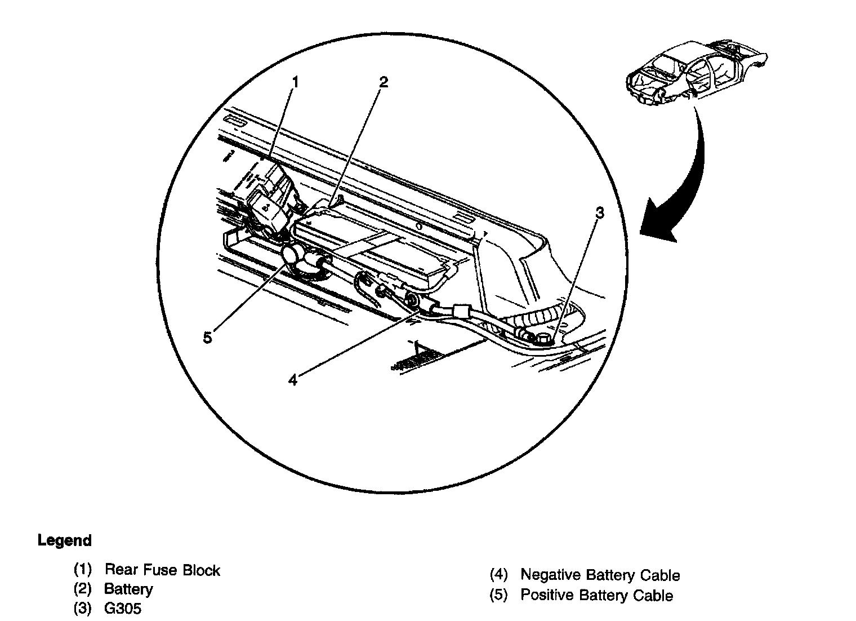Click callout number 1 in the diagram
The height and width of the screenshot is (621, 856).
[x=295, y=83]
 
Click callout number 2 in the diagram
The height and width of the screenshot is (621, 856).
[x=383, y=82]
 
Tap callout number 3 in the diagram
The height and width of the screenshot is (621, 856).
[x=600, y=213]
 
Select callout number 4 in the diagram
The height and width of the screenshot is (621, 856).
[x=292, y=380]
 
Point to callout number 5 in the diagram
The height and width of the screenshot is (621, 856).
[x=208, y=338]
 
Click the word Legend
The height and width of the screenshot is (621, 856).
[x=64, y=541]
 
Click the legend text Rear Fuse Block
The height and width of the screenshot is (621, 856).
[x=162, y=570]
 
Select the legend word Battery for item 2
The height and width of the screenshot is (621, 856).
[x=128, y=589]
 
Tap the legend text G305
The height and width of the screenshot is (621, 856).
[x=123, y=609]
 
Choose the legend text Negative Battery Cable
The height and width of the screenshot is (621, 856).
[x=600, y=575]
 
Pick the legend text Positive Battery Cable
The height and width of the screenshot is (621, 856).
[x=596, y=595]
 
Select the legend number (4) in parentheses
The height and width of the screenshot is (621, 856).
[x=498, y=575]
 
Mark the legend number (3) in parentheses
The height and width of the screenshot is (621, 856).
[x=83, y=609]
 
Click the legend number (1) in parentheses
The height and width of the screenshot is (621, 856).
[x=83, y=570]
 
